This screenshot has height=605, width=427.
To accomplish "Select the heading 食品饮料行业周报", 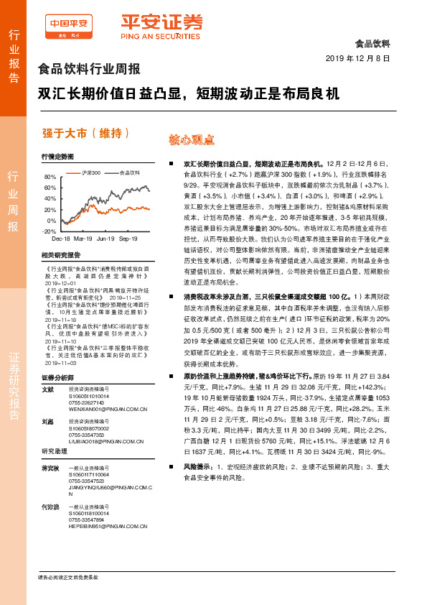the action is [x=88, y=70].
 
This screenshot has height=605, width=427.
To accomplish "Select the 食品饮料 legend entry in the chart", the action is [x=130, y=172].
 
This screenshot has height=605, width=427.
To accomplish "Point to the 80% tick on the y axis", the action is [x=50, y=177].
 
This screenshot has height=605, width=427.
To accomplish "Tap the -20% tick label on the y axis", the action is [x=49, y=231].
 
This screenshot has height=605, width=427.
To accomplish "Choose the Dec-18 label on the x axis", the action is [x=61, y=239].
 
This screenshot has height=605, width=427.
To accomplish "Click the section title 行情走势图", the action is [x=58, y=157].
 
